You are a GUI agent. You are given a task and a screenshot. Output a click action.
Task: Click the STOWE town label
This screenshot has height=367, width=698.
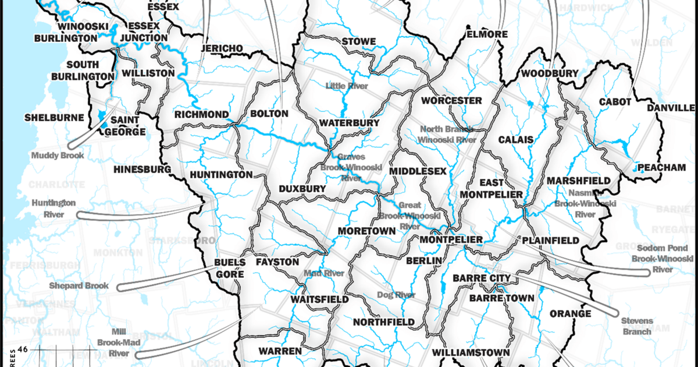(x=359, y=41)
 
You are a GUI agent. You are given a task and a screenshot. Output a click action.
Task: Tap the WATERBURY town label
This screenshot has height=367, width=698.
(x=349, y=123)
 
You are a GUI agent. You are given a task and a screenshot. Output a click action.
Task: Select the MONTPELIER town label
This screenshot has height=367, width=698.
(x=451, y=240)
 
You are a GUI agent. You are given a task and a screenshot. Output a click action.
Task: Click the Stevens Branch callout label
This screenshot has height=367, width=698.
(x=636, y=326)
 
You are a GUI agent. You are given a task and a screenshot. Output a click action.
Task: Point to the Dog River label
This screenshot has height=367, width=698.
(x=396, y=295)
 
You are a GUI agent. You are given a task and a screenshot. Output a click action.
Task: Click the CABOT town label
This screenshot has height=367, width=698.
(x=615, y=102)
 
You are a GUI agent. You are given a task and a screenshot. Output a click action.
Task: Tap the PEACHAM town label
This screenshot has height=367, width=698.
(x=662, y=167)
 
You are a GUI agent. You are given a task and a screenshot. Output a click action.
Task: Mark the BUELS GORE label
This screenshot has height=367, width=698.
(x=226, y=268)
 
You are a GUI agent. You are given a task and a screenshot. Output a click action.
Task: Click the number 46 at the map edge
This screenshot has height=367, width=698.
(x=23, y=350)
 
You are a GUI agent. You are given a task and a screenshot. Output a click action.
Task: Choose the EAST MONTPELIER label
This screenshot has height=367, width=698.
(x=492, y=188)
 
